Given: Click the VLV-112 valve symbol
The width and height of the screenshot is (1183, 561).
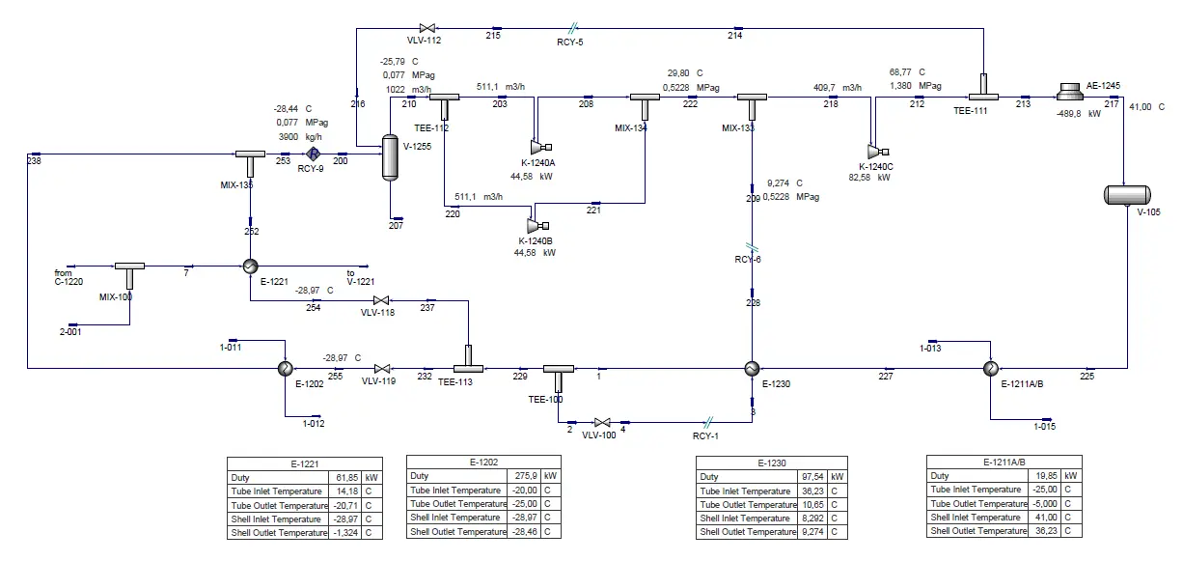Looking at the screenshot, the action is [x=427, y=28].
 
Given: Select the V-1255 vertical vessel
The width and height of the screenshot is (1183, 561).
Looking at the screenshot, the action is [x=390, y=157].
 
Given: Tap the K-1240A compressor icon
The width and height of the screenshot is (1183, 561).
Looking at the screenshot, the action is [x=540, y=147].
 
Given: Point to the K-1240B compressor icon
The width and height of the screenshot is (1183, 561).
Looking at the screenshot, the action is [x=537, y=226].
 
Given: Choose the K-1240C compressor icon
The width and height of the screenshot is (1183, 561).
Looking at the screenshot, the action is [x=878, y=153].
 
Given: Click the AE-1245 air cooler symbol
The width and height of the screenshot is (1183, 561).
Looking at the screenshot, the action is [x=1069, y=92].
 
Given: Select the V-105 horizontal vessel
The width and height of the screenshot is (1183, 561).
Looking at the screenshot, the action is [x=1127, y=195].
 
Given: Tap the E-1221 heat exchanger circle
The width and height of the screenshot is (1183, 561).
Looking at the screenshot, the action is [x=250, y=266].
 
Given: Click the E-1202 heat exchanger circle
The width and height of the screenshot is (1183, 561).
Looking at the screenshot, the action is [x=286, y=369].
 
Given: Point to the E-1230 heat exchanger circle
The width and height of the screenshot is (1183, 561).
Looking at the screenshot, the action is [x=752, y=369].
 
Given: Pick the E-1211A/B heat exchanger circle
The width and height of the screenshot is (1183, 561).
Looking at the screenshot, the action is [x=991, y=369].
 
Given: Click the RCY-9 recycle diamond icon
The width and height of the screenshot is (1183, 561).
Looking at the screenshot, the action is [x=314, y=154].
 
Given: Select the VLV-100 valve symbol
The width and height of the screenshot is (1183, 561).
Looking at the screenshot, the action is [x=602, y=423].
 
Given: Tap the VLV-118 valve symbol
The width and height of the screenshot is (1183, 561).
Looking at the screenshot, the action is [x=381, y=300].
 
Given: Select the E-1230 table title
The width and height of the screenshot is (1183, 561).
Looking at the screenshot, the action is [x=772, y=463].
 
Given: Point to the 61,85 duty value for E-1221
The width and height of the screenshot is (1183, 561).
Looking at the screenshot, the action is [x=346, y=478].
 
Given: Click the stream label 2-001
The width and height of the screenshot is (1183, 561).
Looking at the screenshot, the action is [x=70, y=332].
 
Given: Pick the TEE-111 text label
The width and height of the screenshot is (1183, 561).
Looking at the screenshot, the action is [x=970, y=111].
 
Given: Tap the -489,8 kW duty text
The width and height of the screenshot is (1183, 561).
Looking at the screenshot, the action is [x=1078, y=114].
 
